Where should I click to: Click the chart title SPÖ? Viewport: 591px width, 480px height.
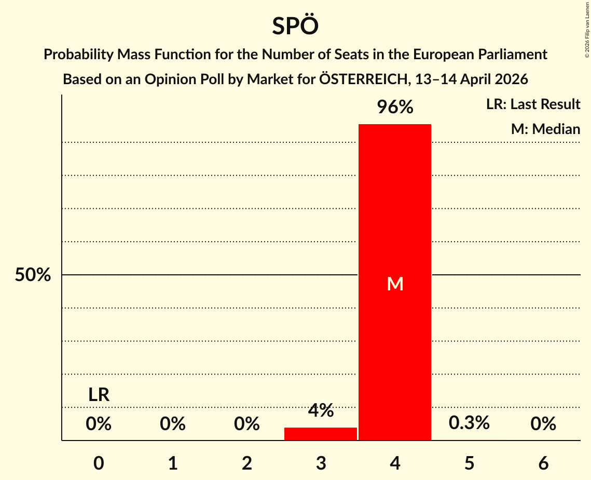[x=295, y=26]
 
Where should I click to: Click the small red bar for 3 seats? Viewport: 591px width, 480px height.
[x=321, y=434]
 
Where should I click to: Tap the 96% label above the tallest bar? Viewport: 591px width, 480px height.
[x=395, y=108]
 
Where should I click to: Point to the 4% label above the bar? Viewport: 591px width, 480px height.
[x=321, y=411]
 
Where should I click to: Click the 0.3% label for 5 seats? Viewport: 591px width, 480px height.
[x=469, y=423]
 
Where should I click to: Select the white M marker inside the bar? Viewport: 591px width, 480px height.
[x=395, y=284]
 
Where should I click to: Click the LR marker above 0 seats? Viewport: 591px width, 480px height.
[x=99, y=395]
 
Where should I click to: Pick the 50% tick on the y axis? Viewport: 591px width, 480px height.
[x=33, y=275]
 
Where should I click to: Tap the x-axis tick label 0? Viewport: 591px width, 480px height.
[x=99, y=463]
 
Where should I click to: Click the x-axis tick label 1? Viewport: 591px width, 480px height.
[x=173, y=463]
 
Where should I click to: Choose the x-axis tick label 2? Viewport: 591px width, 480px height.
[x=247, y=463]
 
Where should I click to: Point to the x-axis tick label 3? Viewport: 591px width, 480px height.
[x=321, y=463]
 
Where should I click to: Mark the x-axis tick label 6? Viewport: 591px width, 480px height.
[x=543, y=463]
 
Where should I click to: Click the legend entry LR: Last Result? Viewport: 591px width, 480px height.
[x=533, y=104]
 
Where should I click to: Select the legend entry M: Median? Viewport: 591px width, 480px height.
[x=545, y=129]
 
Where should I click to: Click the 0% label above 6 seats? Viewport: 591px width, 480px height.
[x=543, y=424]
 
